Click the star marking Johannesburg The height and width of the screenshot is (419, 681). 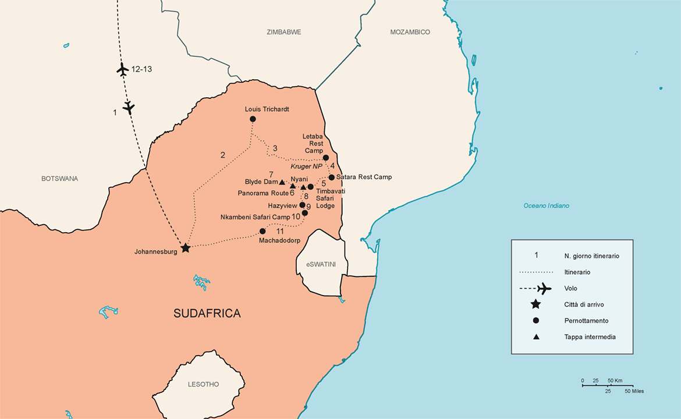(x=186, y=248)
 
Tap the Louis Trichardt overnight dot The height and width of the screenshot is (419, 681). (x=253, y=119)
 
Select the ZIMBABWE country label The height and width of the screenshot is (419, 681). (x=283, y=32)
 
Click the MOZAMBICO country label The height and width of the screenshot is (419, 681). (x=410, y=32)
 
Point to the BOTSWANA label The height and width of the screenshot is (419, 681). (x=59, y=179)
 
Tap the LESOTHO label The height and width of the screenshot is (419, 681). (x=203, y=385)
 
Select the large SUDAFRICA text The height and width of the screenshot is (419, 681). (x=207, y=314)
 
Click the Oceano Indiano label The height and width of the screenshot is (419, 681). (x=546, y=206)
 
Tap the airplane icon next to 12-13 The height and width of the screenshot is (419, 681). (x=122, y=69)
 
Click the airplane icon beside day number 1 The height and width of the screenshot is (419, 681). (x=129, y=108)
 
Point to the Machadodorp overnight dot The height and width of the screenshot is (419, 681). (x=263, y=231)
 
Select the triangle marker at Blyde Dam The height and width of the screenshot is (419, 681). (x=282, y=182)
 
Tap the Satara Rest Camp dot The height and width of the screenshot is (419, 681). (x=332, y=177)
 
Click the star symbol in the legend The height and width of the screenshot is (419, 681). (x=535, y=304)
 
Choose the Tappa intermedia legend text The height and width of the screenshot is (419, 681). (x=590, y=337)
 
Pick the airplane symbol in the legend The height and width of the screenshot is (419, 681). (x=544, y=288)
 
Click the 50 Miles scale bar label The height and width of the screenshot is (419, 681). (x=634, y=391)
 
